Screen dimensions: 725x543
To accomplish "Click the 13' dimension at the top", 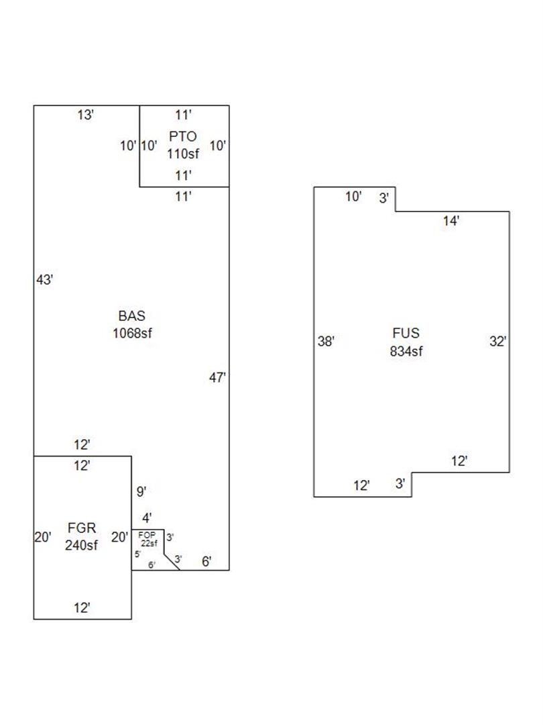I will [x=85, y=115].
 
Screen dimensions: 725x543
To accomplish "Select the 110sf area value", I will [x=183, y=153].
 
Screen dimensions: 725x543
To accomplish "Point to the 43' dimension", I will [x=44, y=281].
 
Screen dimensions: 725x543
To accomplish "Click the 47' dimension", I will [x=217, y=378].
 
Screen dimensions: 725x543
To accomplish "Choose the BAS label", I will [x=132, y=316].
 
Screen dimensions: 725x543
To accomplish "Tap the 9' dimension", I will [x=141, y=492].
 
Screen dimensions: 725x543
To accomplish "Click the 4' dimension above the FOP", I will [x=146, y=518].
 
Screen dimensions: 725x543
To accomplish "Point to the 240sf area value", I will [x=81, y=545].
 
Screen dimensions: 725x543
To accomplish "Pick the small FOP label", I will [x=146, y=535].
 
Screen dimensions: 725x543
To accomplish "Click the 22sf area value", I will [x=149, y=543].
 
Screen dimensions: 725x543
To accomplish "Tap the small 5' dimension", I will [x=137, y=554].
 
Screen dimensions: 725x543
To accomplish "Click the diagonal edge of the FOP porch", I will [x=172, y=562].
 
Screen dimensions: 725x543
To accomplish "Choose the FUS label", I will [x=406, y=333].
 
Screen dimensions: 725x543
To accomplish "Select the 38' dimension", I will [x=326, y=342].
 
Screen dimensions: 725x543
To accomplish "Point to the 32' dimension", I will [x=497, y=342].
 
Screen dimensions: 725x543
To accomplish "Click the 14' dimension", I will [x=451, y=221].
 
